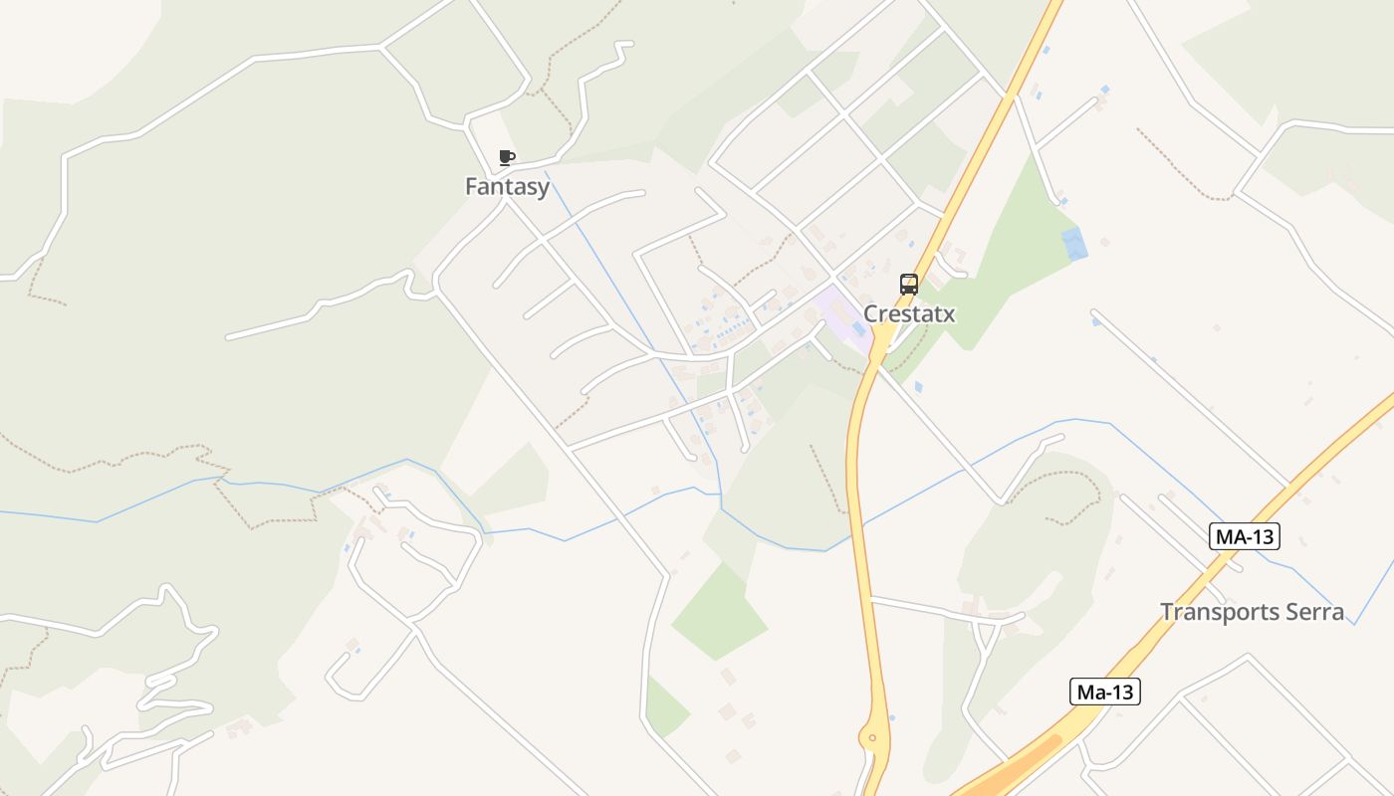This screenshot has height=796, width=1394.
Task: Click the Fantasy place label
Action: [507, 186]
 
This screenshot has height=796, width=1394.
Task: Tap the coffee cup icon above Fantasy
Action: [506, 157]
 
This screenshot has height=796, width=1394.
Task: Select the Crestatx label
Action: [908, 313]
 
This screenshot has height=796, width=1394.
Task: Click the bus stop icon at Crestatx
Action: [908, 285]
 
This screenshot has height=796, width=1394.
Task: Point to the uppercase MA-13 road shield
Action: [1245, 536]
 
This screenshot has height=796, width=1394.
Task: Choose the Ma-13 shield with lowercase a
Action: [1104, 692]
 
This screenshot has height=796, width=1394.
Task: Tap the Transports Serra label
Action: [1252, 612]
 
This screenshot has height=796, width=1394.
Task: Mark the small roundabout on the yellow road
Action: [872, 737]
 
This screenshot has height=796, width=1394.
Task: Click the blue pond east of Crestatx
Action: [1074, 244]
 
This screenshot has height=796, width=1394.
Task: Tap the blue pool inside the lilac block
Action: [857, 327]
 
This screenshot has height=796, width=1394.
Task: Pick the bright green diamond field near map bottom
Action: [719, 612]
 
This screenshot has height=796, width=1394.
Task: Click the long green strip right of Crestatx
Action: [1006, 259]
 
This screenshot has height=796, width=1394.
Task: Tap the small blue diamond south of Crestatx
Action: [917, 386]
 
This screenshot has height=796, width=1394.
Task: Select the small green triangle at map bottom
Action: [665, 708]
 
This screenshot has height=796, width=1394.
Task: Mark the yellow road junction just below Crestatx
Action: [880, 344]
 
